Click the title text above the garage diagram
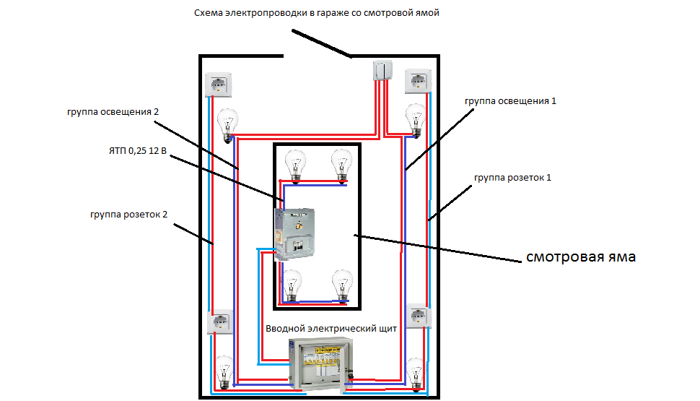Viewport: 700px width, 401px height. pyautogui.click(x=317, y=14)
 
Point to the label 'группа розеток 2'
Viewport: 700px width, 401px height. pyautogui.click(x=130, y=215)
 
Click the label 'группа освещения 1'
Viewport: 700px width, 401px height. pyautogui.click(x=510, y=101)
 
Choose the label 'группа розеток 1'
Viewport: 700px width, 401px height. pyautogui.click(x=512, y=177)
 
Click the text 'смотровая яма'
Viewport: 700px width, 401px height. pyautogui.click(x=580, y=256)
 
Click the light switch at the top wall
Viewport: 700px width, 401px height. pyautogui.click(x=382, y=71)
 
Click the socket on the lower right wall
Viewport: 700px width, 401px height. pyautogui.click(x=419, y=317)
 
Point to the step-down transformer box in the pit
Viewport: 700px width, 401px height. pyautogui.click(x=296, y=233)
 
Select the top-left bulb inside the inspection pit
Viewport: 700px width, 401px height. pyautogui.click(x=294, y=165)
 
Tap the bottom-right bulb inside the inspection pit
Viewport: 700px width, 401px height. pyautogui.click(x=341, y=285)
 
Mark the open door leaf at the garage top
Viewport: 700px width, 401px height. pyautogui.click(x=322, y=43)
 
